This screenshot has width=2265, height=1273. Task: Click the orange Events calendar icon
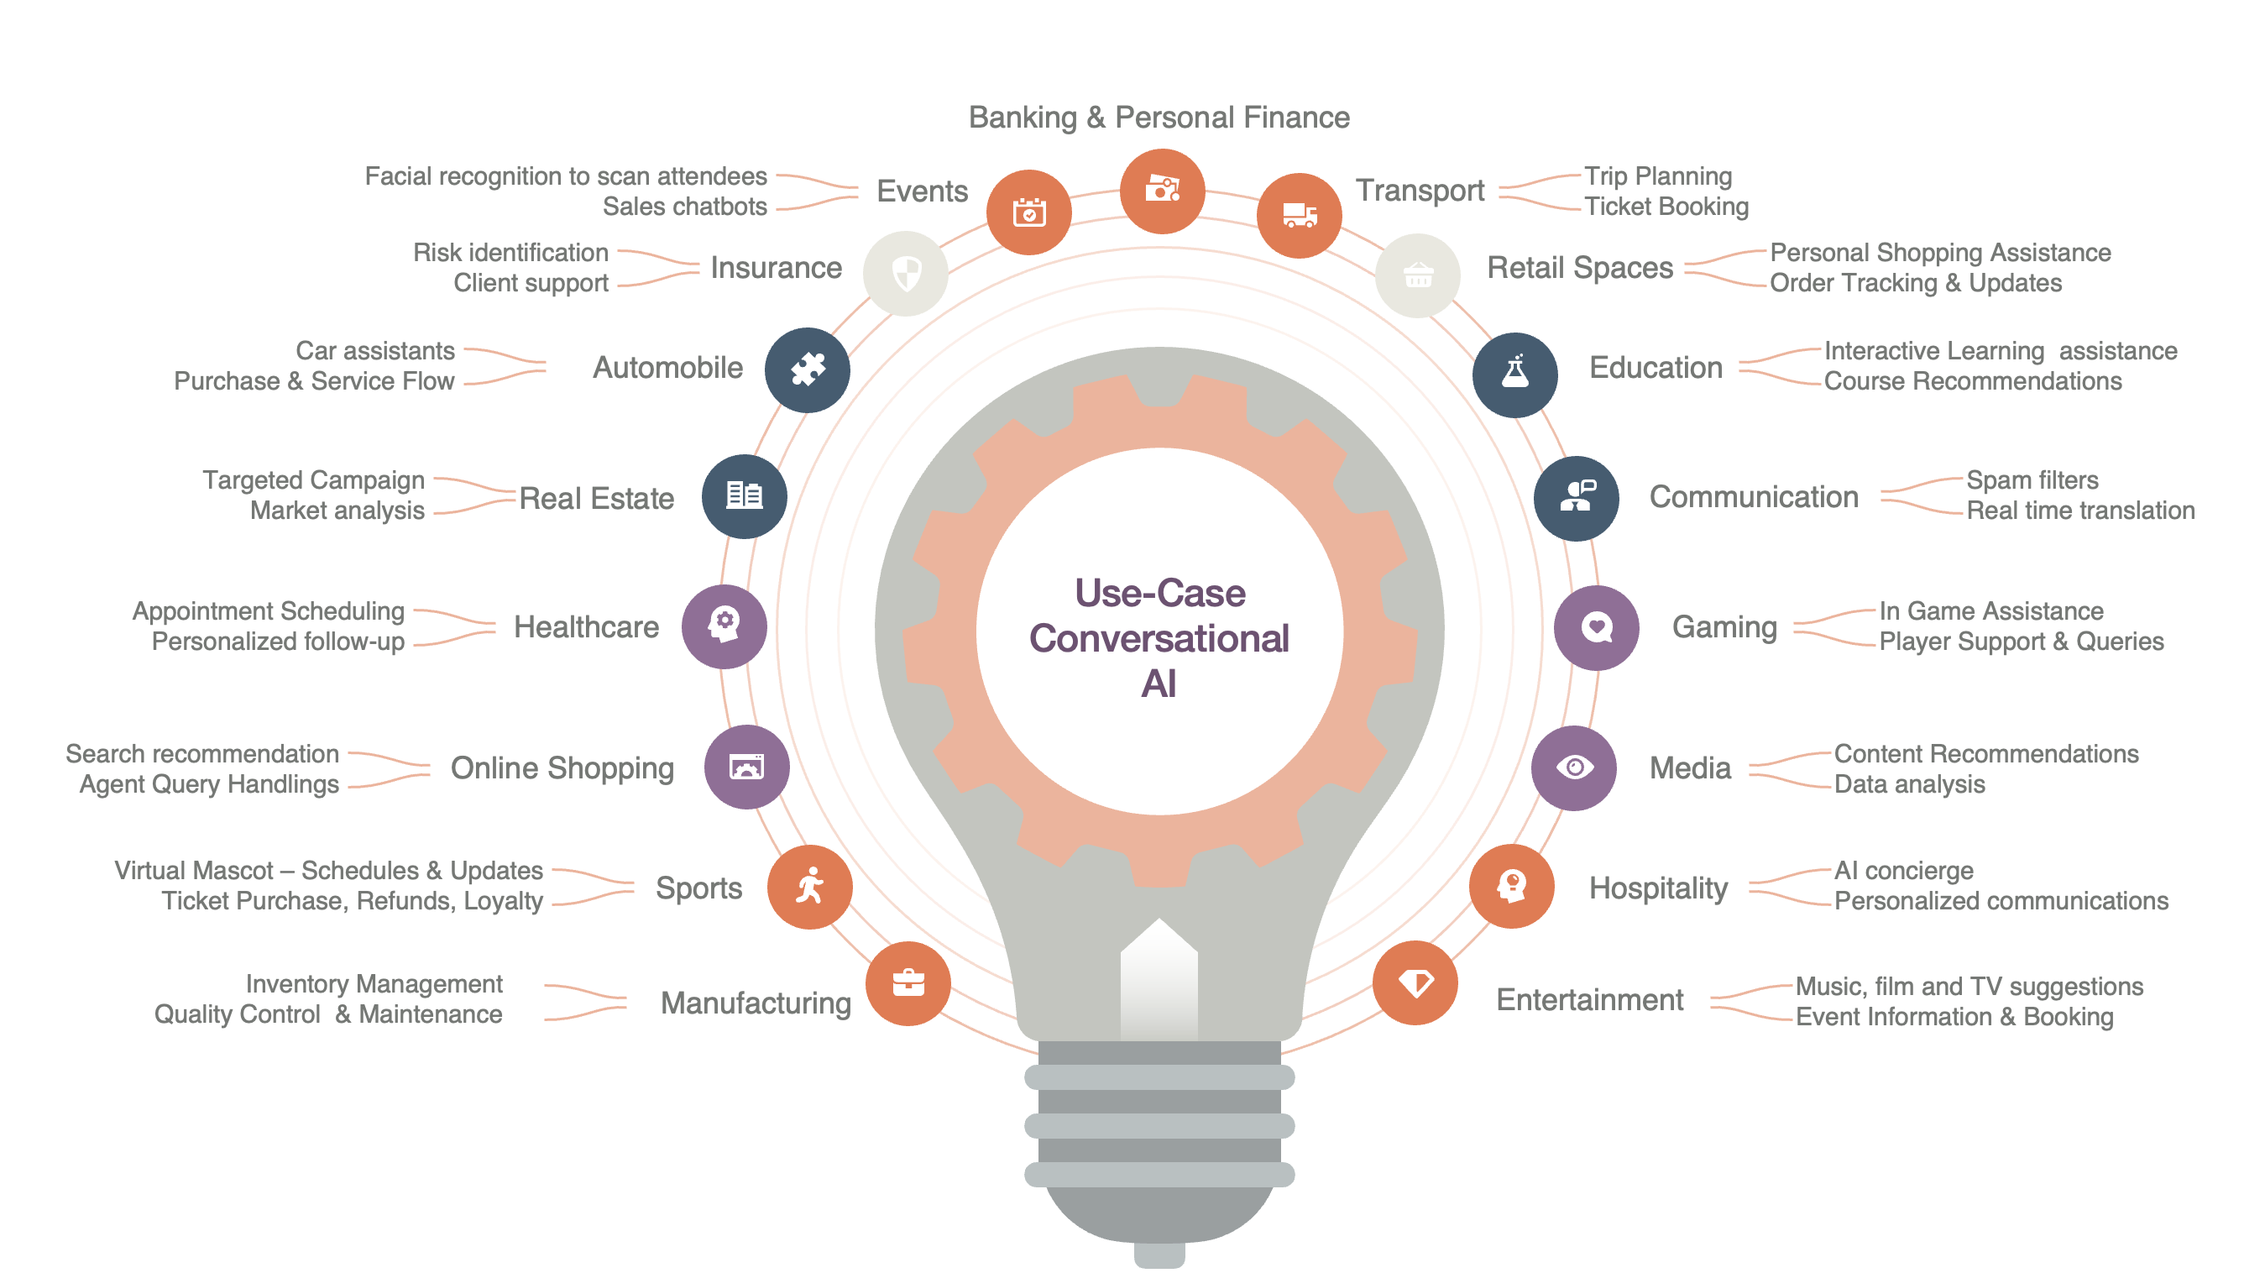[1028, 212]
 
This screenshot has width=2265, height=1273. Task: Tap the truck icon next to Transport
[1298, 215]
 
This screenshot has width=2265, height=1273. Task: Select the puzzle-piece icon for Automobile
[806, 369]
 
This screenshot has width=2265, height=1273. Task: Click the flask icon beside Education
[1514, 374]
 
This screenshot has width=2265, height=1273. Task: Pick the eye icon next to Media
[1573, 767]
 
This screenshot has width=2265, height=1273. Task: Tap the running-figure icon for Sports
[809, 886]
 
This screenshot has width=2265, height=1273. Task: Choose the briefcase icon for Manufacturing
[908, 982]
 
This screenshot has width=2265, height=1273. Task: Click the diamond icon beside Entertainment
[1415, 982]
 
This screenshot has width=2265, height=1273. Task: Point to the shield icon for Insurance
[905, 274]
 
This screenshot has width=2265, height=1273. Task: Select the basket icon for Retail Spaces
[1417, 275]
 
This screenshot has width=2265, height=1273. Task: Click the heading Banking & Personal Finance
[1158, 117]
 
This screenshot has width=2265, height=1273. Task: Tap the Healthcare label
[586, 627]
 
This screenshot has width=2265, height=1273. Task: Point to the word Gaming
[1724, 627]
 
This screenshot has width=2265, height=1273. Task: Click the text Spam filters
[2031, 480]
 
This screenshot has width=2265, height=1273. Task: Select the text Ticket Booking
[1666, 207]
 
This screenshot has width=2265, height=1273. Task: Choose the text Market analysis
[337, 511]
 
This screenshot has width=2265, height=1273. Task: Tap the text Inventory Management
[374, 983]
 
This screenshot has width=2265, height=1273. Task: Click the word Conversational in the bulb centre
[1158, 639]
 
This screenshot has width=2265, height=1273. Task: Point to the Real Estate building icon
[744, 496]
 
